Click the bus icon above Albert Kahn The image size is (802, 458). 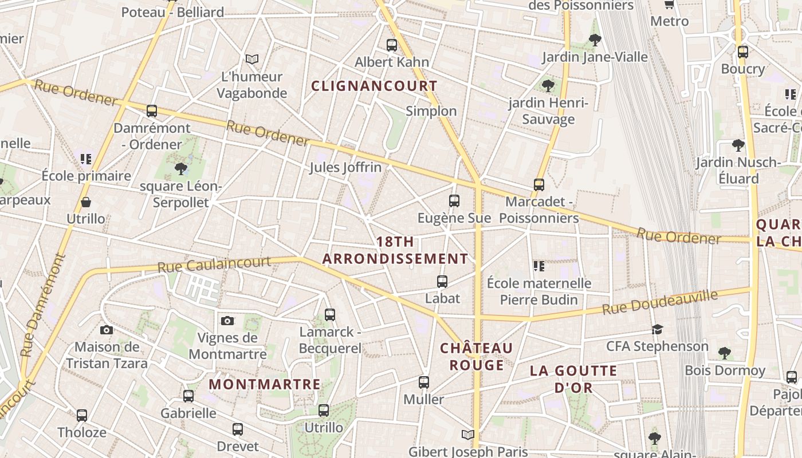392,45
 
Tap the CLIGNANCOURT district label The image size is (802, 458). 374,86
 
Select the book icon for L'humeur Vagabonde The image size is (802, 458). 251,59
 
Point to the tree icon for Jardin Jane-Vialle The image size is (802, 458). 595,40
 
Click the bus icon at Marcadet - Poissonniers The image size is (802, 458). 538,184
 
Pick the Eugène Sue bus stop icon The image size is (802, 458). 454,200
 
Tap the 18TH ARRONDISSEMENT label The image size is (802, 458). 395,250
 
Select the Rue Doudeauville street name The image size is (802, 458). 660,303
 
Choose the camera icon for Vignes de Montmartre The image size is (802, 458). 227,321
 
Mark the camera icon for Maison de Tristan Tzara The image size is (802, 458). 106,330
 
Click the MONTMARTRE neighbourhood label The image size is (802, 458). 265,384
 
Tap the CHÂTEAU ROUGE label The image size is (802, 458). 477,357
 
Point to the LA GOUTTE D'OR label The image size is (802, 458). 573,379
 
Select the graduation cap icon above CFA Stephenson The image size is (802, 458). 657,329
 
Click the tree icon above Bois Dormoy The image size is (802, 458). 725,352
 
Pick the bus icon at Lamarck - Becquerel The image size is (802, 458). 329,314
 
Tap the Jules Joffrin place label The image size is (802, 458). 345,168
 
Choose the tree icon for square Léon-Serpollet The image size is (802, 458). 181,168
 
